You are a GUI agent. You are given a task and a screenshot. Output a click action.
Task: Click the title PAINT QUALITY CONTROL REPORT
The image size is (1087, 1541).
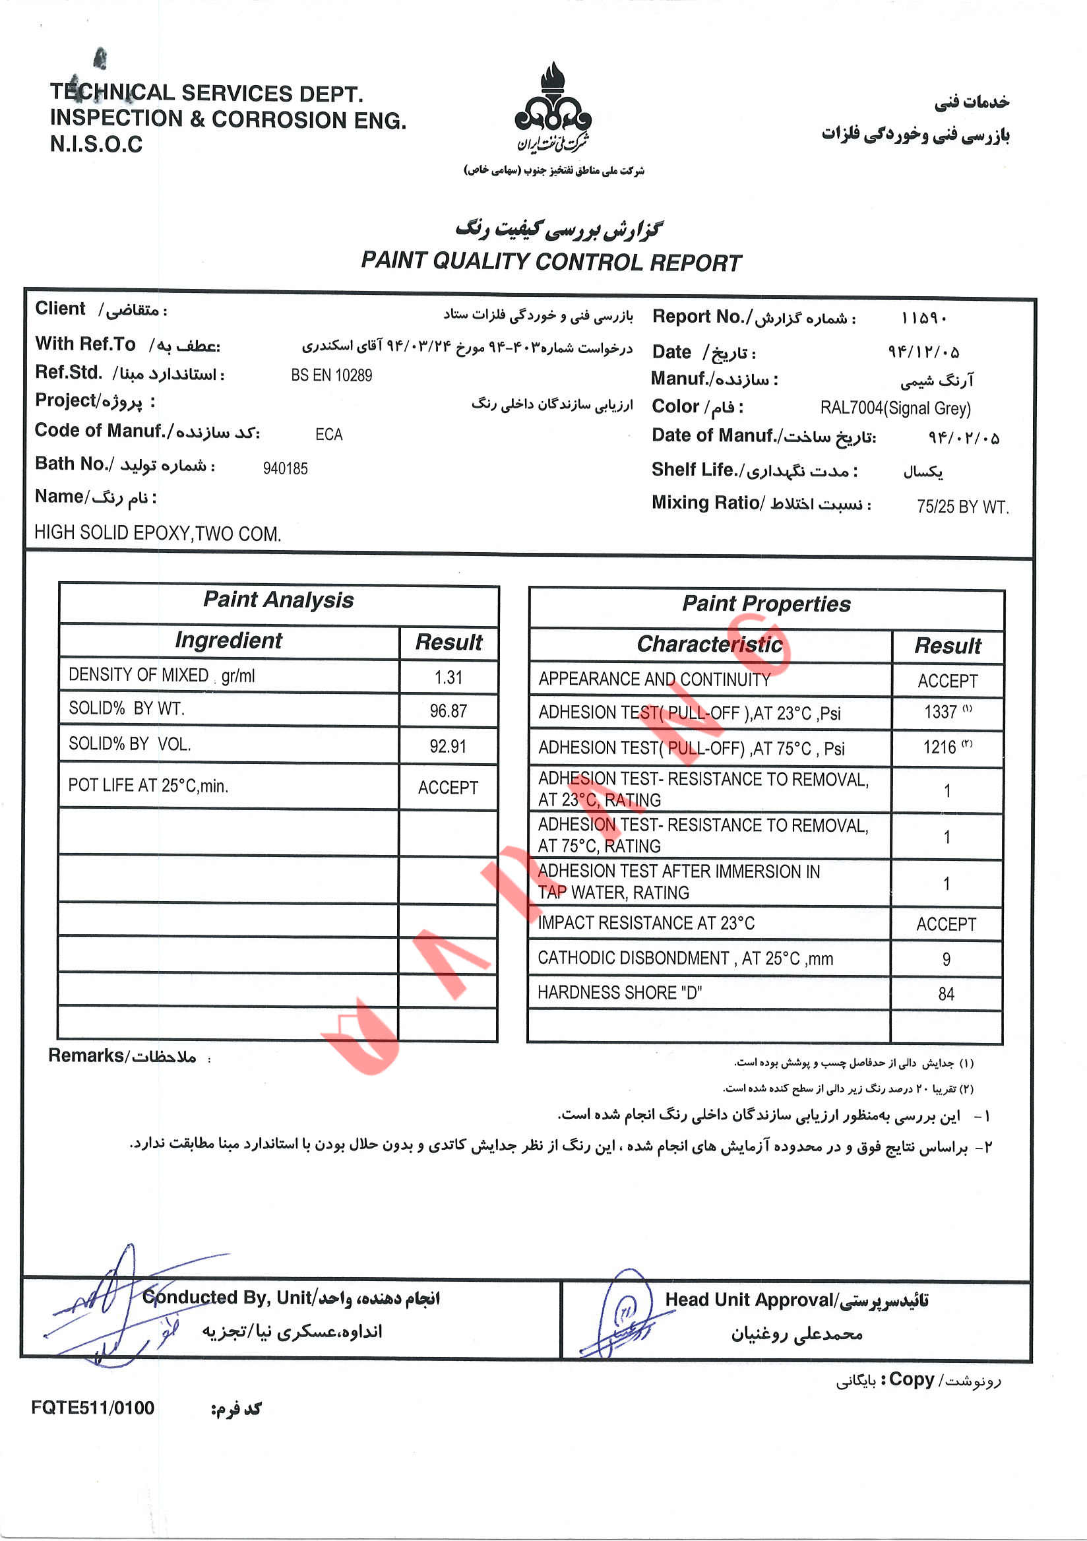(551, 262)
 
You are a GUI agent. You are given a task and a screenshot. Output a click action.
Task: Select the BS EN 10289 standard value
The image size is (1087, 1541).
(332, 375)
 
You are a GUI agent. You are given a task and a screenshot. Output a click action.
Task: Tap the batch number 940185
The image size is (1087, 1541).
(285, 468)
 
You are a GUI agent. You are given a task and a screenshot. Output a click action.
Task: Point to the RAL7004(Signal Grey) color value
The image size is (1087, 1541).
(895, 408)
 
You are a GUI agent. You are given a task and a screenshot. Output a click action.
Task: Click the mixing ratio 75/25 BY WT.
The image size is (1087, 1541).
(962, 507)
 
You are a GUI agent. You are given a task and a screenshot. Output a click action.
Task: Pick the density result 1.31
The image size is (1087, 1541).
(449, 677)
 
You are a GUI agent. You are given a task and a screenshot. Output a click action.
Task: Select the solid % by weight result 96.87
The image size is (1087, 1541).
(449, 710)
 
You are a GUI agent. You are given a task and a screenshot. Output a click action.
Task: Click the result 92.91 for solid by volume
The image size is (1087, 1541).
(449, 746)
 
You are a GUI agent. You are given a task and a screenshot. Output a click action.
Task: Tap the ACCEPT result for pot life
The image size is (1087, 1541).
(449, 787)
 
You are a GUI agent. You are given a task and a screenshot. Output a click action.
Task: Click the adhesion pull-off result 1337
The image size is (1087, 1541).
(941, 712)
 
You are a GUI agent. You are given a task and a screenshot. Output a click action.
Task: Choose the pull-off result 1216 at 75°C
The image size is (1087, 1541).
(940, 747)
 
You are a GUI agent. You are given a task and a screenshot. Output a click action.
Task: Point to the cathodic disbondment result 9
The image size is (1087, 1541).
(946, 959)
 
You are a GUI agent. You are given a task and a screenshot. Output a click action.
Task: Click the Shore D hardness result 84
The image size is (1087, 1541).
(946, 994)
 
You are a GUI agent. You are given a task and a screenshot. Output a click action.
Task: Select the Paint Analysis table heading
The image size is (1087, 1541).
(278, 600)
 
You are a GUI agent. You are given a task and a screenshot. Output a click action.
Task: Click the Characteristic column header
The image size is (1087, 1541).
(710, 645)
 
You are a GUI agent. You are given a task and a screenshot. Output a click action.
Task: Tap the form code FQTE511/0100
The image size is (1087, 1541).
(92, 1408)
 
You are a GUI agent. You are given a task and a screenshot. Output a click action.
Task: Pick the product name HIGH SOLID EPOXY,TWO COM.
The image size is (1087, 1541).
(158, 534)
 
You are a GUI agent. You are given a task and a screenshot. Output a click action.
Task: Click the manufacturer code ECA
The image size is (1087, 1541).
(328, 435)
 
